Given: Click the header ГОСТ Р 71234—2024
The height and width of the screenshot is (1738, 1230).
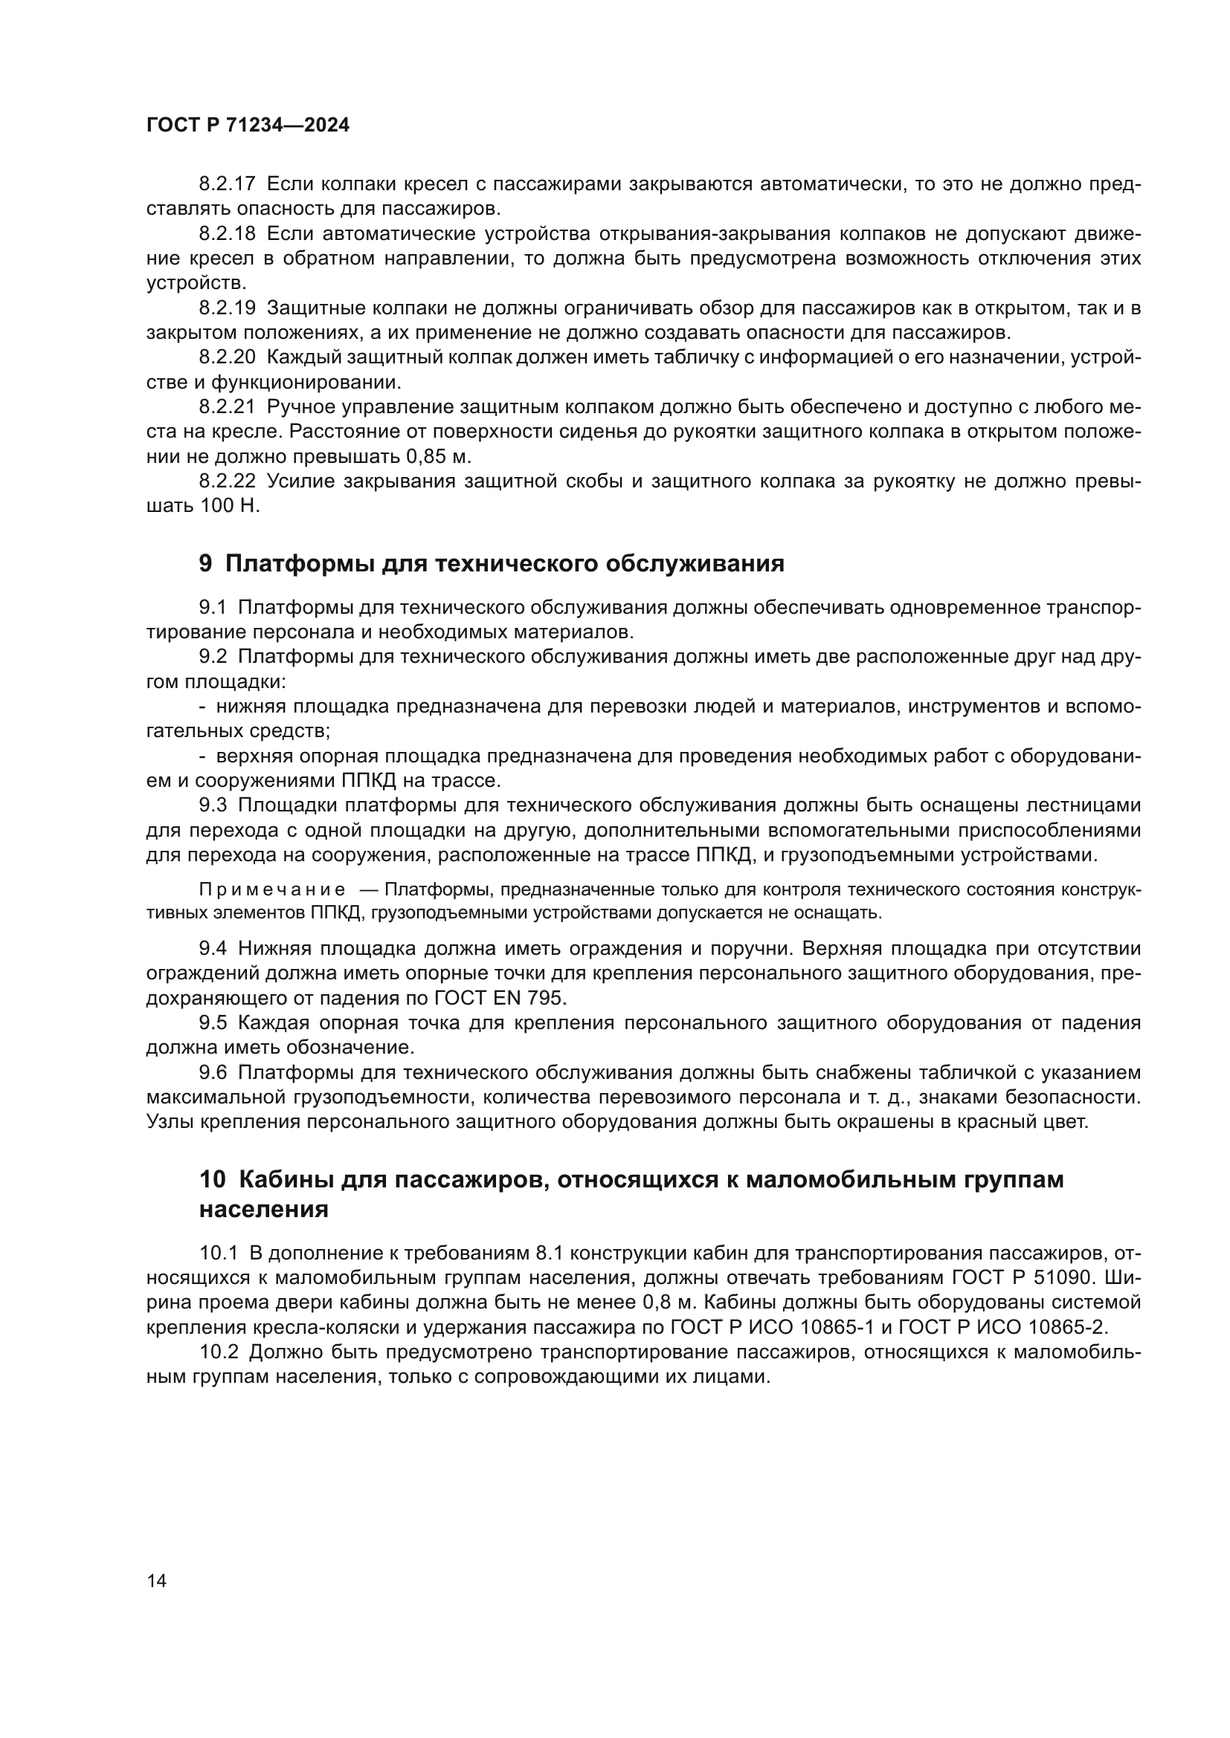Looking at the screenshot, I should [248, 126].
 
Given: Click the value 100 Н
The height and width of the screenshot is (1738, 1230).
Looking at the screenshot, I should [230, 507].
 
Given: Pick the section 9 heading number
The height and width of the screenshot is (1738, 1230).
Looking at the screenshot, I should [206, 564].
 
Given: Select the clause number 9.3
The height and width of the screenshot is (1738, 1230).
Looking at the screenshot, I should [213, 805].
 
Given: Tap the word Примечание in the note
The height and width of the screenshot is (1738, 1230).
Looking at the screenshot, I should [272, 889].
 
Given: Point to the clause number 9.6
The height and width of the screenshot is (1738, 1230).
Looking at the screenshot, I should [213, 1073].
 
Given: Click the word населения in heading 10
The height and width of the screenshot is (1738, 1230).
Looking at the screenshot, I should [263, 1210].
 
